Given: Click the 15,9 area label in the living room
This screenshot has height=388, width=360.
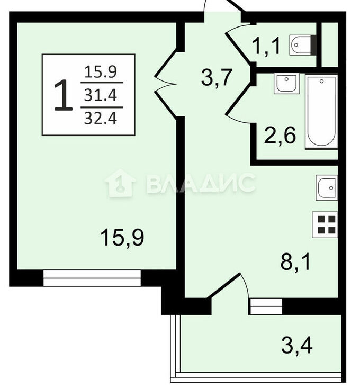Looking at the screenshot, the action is point(122,238).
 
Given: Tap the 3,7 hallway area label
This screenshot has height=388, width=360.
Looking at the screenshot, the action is point(217,77).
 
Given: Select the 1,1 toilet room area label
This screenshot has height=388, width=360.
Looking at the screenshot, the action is point(266,46).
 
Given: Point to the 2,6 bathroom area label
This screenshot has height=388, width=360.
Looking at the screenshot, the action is point(280,135).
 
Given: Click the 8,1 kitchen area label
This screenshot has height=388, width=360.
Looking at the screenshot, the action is point(295,262).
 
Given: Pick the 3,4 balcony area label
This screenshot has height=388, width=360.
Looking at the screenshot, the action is point(297,346).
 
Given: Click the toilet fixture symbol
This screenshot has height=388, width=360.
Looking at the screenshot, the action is point(303,45).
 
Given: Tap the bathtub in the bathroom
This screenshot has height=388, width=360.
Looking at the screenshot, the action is point(321,112).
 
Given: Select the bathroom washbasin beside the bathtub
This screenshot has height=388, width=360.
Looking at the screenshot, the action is point(286,84).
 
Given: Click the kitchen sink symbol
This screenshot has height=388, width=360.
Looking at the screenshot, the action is point(327,187).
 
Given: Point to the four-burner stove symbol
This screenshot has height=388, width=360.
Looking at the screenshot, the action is point(325,224).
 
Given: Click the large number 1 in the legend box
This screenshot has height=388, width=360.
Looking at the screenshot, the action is point(63,95).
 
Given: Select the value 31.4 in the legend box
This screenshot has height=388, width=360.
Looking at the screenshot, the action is point(101,95).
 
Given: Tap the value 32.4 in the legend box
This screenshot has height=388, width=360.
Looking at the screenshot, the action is point(101,118).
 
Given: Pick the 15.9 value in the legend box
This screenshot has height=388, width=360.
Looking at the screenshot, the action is point(101,72).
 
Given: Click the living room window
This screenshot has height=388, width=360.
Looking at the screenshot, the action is point(92,278).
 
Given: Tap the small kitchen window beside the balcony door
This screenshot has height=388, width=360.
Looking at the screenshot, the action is point(266,306).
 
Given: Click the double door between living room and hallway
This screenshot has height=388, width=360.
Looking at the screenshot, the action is point(165,84).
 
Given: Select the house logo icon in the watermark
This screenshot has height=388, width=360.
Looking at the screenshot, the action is point(120,183).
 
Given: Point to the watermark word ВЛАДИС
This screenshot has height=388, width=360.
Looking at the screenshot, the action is point(201,183).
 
